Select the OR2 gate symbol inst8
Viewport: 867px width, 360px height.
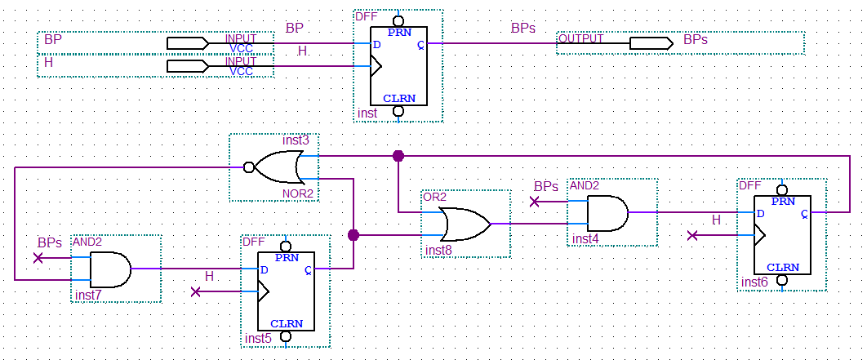tap(464, 223)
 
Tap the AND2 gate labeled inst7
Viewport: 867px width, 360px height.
tap(110, 269)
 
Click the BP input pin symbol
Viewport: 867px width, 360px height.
tap(188, 42)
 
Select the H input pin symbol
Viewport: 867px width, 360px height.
tap(188, 65)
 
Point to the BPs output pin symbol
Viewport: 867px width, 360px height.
tap(651, 42)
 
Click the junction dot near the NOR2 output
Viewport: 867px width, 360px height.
tap(398, 155)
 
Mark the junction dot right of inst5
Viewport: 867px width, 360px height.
tap(353, 235)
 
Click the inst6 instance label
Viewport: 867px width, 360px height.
tap(754, 282)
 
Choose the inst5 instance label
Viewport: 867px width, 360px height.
tap(258, 338)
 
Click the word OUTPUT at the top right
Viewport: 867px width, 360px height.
tap(581, 38)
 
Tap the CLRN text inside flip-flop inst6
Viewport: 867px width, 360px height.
tap(782, 267)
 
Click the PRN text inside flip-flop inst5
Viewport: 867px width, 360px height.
tap(286, 257)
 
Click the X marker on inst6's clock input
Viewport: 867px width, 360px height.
tap(692, 235)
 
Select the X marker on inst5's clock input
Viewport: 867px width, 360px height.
tap(195, 291)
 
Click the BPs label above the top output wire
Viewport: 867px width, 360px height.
tap(523, 27)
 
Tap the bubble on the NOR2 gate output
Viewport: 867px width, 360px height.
tap(248, 167)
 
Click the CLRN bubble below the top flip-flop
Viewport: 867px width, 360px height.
tap(398, 111)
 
